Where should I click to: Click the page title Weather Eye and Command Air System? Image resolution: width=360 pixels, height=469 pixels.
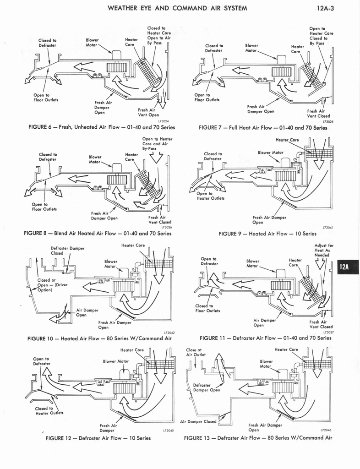177,8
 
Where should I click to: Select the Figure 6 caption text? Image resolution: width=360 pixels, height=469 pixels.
101,127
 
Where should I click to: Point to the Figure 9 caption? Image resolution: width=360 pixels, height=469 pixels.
267,234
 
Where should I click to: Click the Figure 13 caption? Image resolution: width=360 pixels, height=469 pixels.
258,438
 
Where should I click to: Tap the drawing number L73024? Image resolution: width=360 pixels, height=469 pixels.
164,121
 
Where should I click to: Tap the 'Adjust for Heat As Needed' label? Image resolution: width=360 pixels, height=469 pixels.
324,250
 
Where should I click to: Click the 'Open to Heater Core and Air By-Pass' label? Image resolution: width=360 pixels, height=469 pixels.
157,144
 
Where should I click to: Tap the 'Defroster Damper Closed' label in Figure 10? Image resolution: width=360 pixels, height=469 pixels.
67,250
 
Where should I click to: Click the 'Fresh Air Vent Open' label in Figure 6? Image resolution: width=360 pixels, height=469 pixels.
148,112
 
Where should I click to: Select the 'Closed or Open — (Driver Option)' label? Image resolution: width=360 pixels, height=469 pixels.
52,285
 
